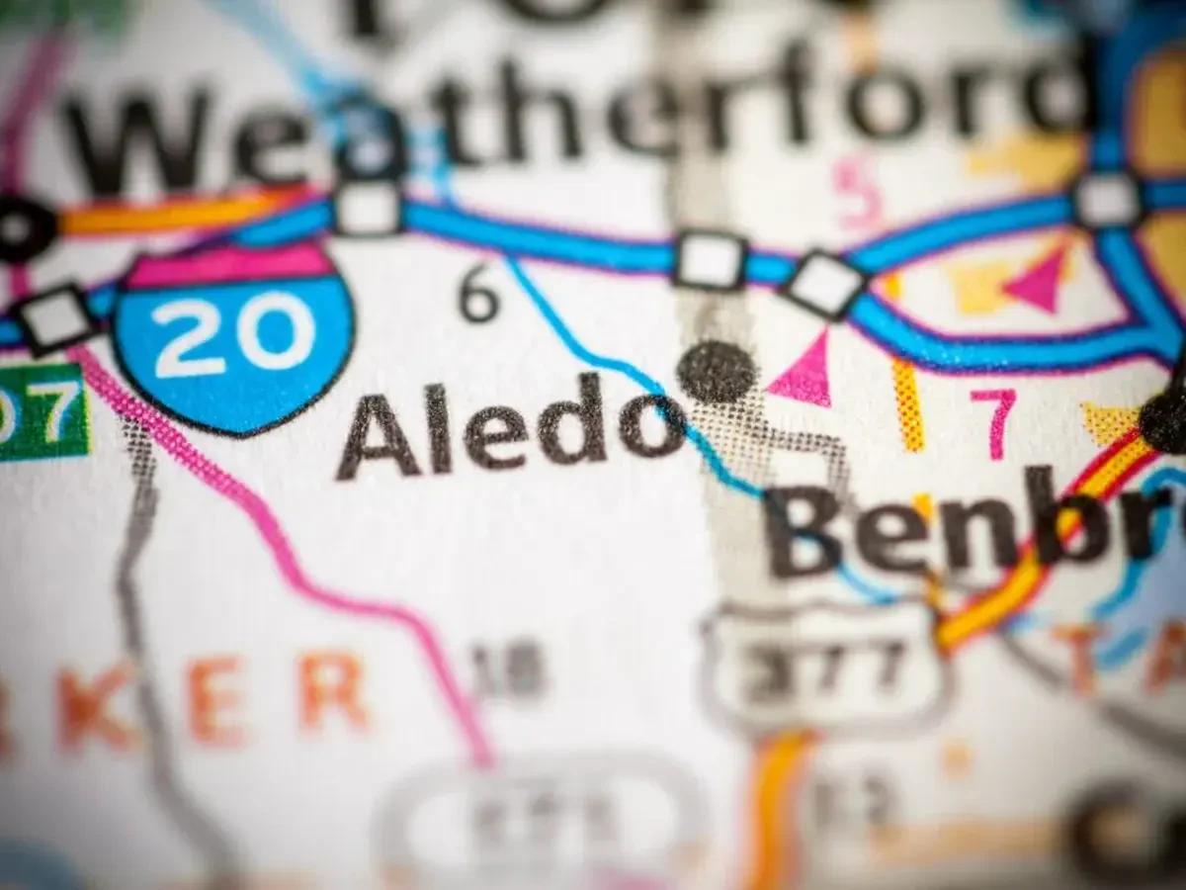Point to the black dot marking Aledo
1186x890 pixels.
tap(718, 372)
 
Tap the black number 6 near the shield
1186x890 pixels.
tap(478, 298)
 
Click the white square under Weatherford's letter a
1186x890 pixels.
tap(367, 207)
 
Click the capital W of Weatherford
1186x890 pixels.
tap(138, 138)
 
